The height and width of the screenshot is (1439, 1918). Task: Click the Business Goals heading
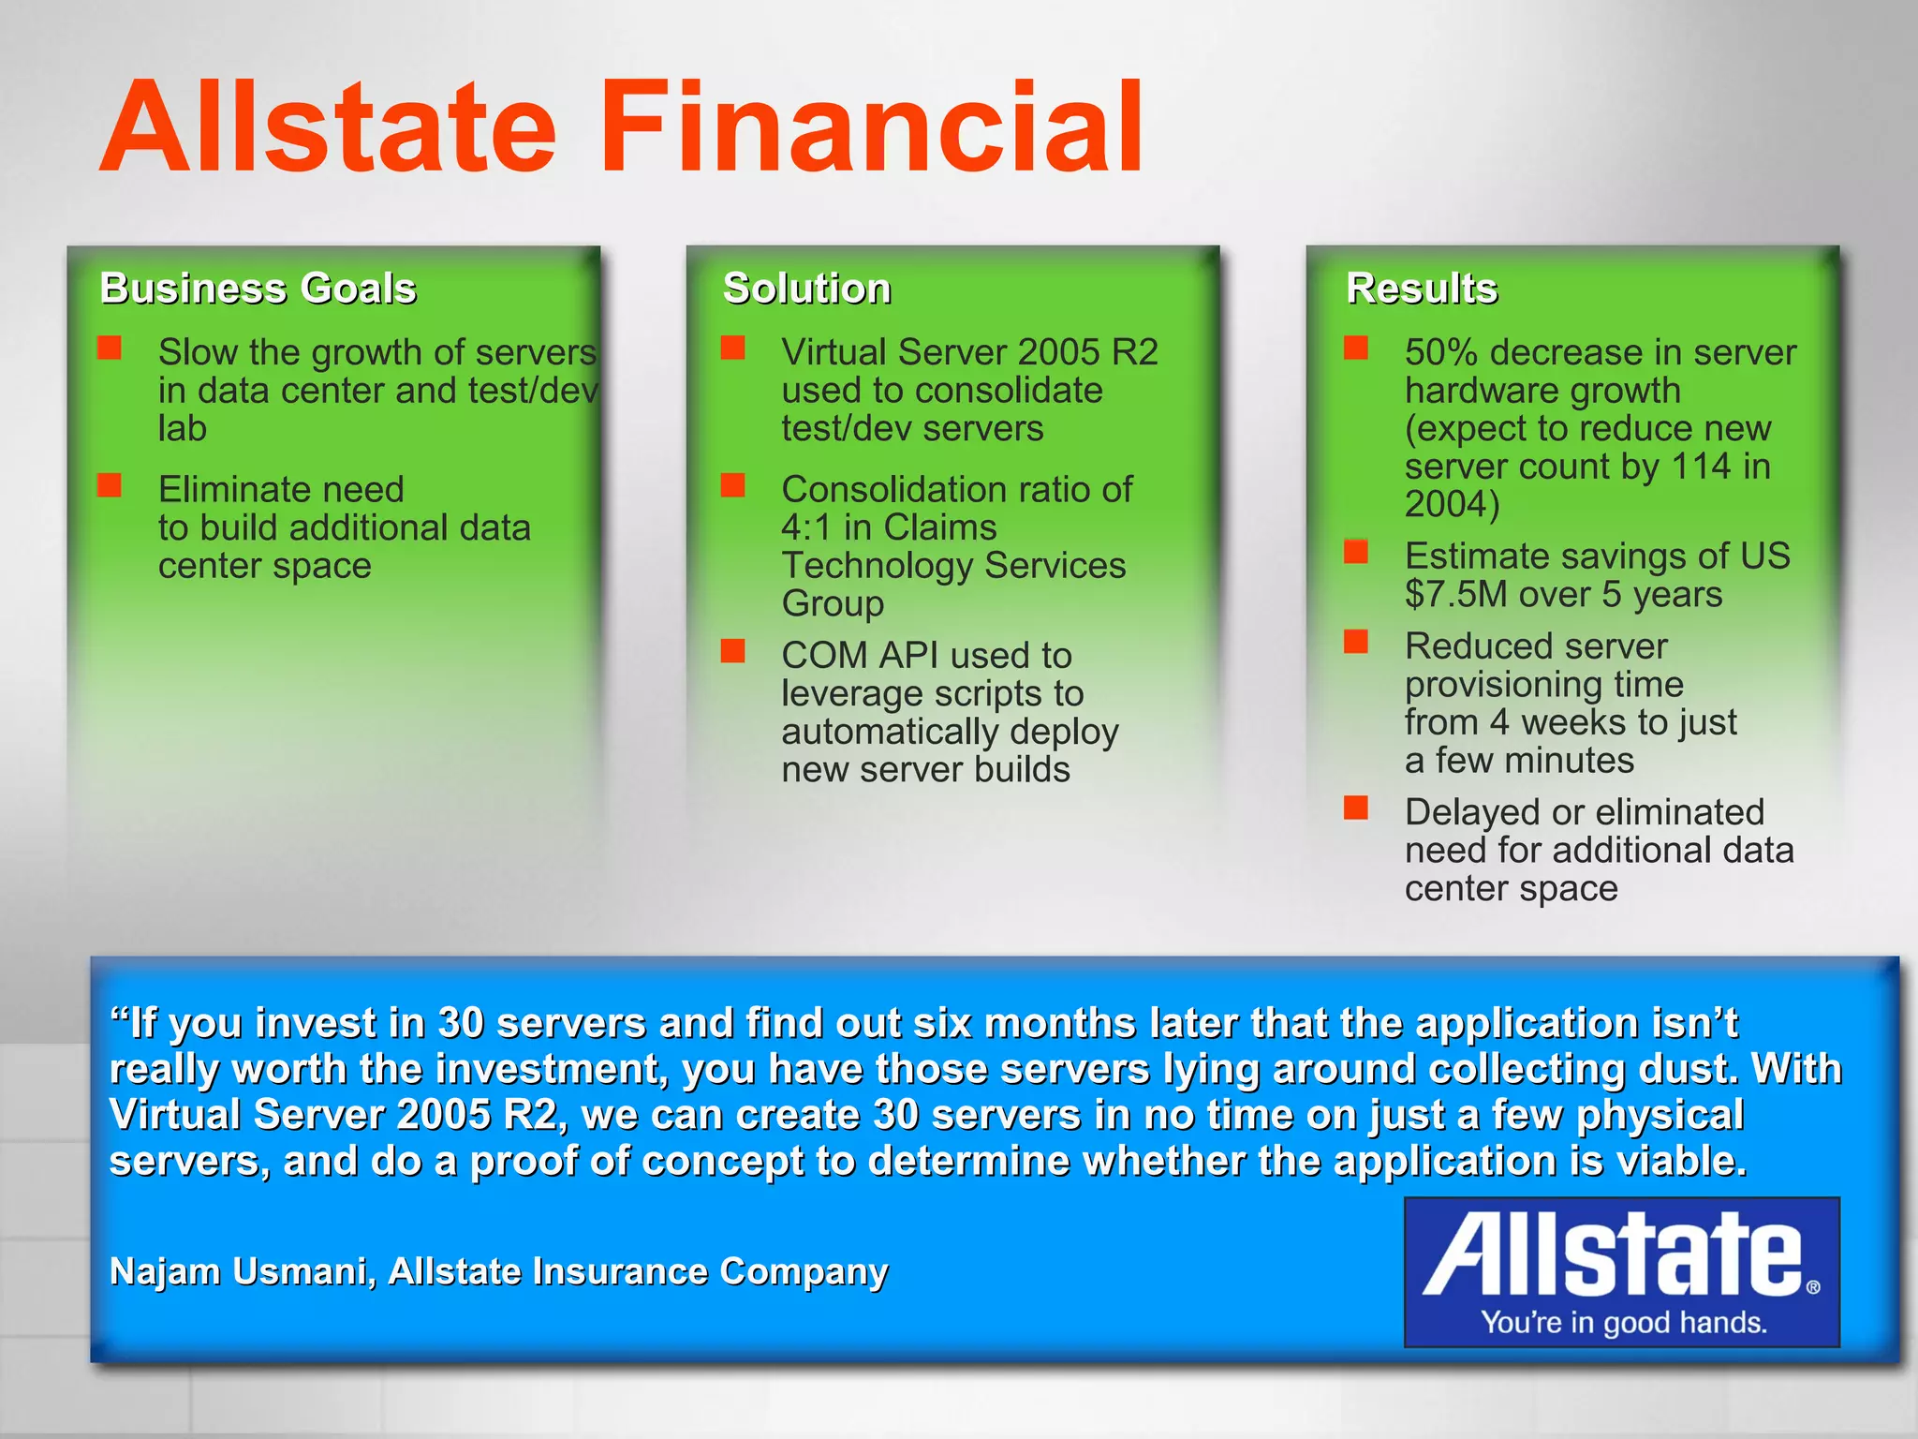258,288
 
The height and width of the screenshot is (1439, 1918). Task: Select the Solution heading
806,288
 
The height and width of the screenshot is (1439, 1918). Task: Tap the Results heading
1422,288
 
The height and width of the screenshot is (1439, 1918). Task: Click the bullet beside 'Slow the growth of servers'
110,349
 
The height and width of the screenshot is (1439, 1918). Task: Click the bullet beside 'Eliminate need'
110,485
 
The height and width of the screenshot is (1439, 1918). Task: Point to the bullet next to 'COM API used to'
732,651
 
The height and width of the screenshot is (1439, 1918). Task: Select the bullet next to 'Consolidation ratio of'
732,485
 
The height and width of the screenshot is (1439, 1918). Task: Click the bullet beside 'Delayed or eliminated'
1355,808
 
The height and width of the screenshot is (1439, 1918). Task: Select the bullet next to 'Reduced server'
1355,642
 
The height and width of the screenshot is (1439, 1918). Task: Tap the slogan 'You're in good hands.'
1623,1322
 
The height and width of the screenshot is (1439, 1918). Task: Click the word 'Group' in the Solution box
832,603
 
